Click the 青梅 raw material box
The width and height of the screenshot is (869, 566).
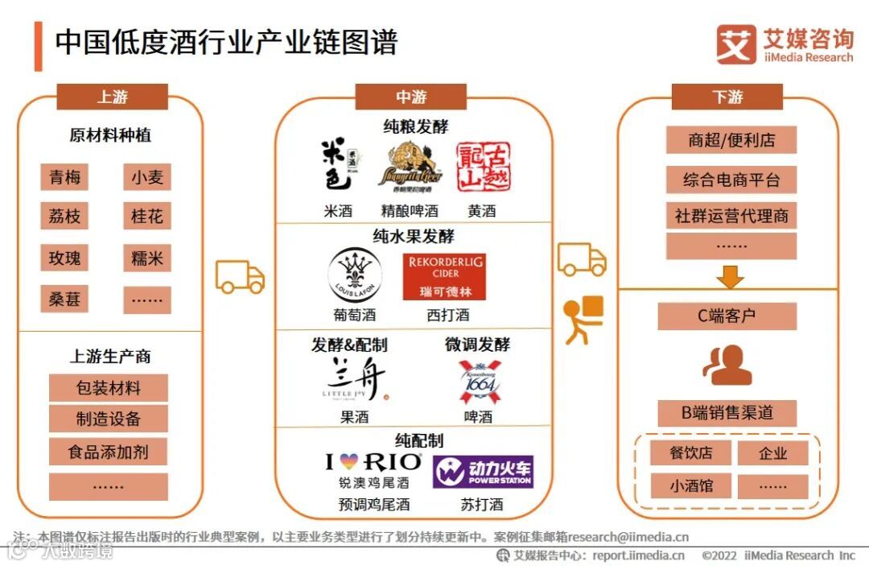tap(64, 177)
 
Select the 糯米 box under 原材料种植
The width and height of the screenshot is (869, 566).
tap(147, 258)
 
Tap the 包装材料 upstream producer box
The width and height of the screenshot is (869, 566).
tap(109, 388)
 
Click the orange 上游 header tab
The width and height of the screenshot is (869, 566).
tap(113, 97)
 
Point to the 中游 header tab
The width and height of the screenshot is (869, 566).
tap(411, 97)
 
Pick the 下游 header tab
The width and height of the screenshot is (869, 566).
tap(727, 97)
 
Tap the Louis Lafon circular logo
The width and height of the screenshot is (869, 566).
tap(355, 276)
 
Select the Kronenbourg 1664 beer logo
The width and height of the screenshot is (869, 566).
tap(479, 382)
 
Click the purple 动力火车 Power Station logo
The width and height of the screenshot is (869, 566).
tap(483, 472)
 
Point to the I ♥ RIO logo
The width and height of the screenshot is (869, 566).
tap(373, 462)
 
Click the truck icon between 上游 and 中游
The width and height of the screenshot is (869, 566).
tap(240, 277)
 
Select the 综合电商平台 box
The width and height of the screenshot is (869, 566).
tap(731, 180)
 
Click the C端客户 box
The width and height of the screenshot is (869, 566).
tap(727, 316)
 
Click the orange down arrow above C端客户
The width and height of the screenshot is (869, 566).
tap(730, 276)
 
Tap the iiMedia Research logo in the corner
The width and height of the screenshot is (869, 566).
tap(785, 44)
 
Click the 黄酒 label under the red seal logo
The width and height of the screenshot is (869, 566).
tap(482, 211)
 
